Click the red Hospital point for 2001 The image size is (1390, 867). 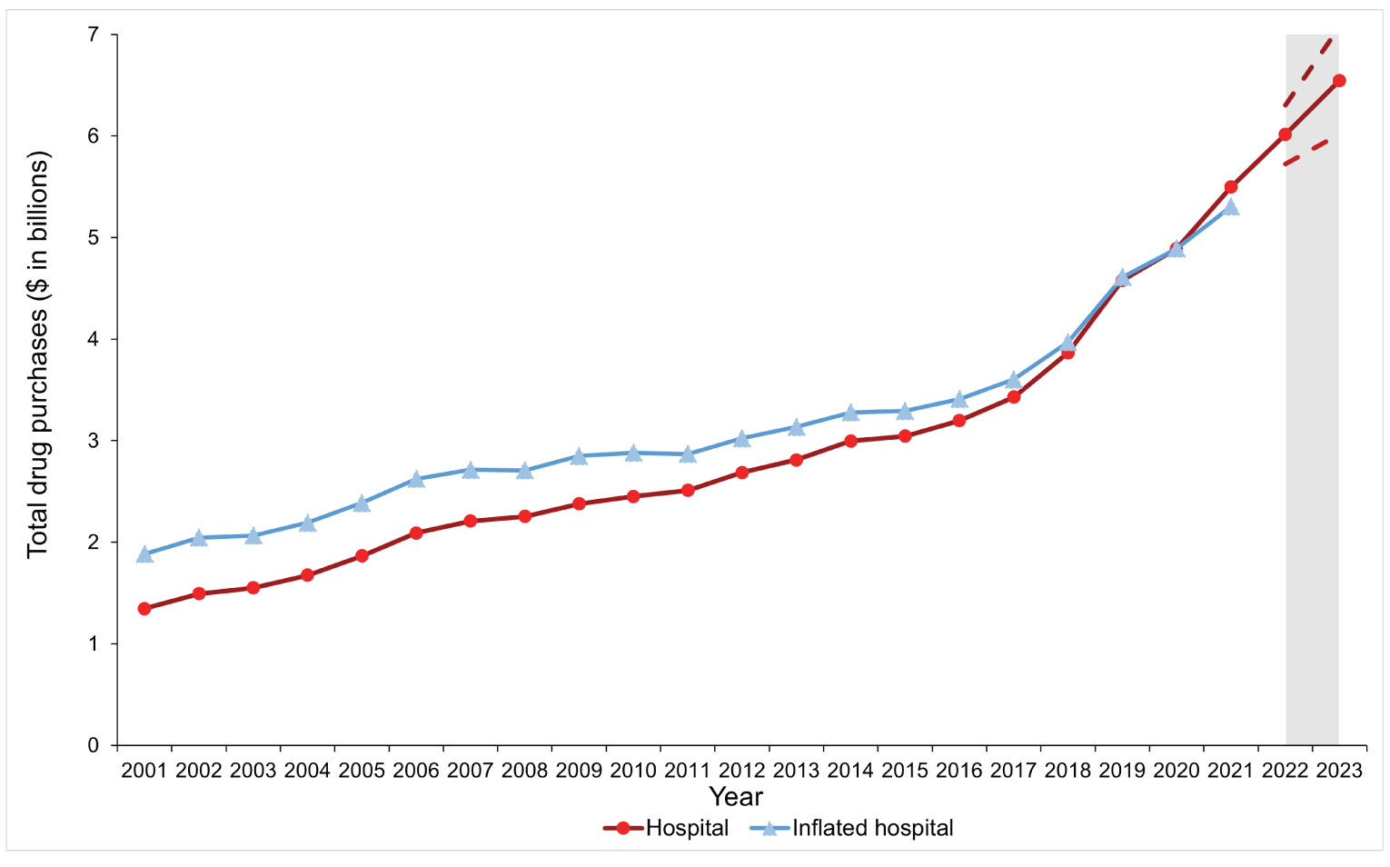click(144, 609)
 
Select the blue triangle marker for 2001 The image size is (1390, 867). click(144, 554)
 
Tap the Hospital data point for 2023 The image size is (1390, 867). click(1338, 81)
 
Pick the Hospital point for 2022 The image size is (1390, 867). click(1285, 135)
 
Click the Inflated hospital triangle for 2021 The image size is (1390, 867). click(1230, 207)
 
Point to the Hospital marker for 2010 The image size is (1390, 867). click(633, 496)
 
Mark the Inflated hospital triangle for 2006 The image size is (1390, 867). click(416, 479)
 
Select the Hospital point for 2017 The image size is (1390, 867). click(1013, 397)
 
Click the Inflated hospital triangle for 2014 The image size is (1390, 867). click(850, 413)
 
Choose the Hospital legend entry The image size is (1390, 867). click(667, 828)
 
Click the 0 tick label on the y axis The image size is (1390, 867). click(93, 745)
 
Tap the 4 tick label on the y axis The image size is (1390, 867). click(93, 339)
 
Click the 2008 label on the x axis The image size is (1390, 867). click(524, 771)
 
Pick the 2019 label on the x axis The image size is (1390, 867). click(1122, 771)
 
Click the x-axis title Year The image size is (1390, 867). click(735, 797)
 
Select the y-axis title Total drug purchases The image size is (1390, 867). click(37, 354)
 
